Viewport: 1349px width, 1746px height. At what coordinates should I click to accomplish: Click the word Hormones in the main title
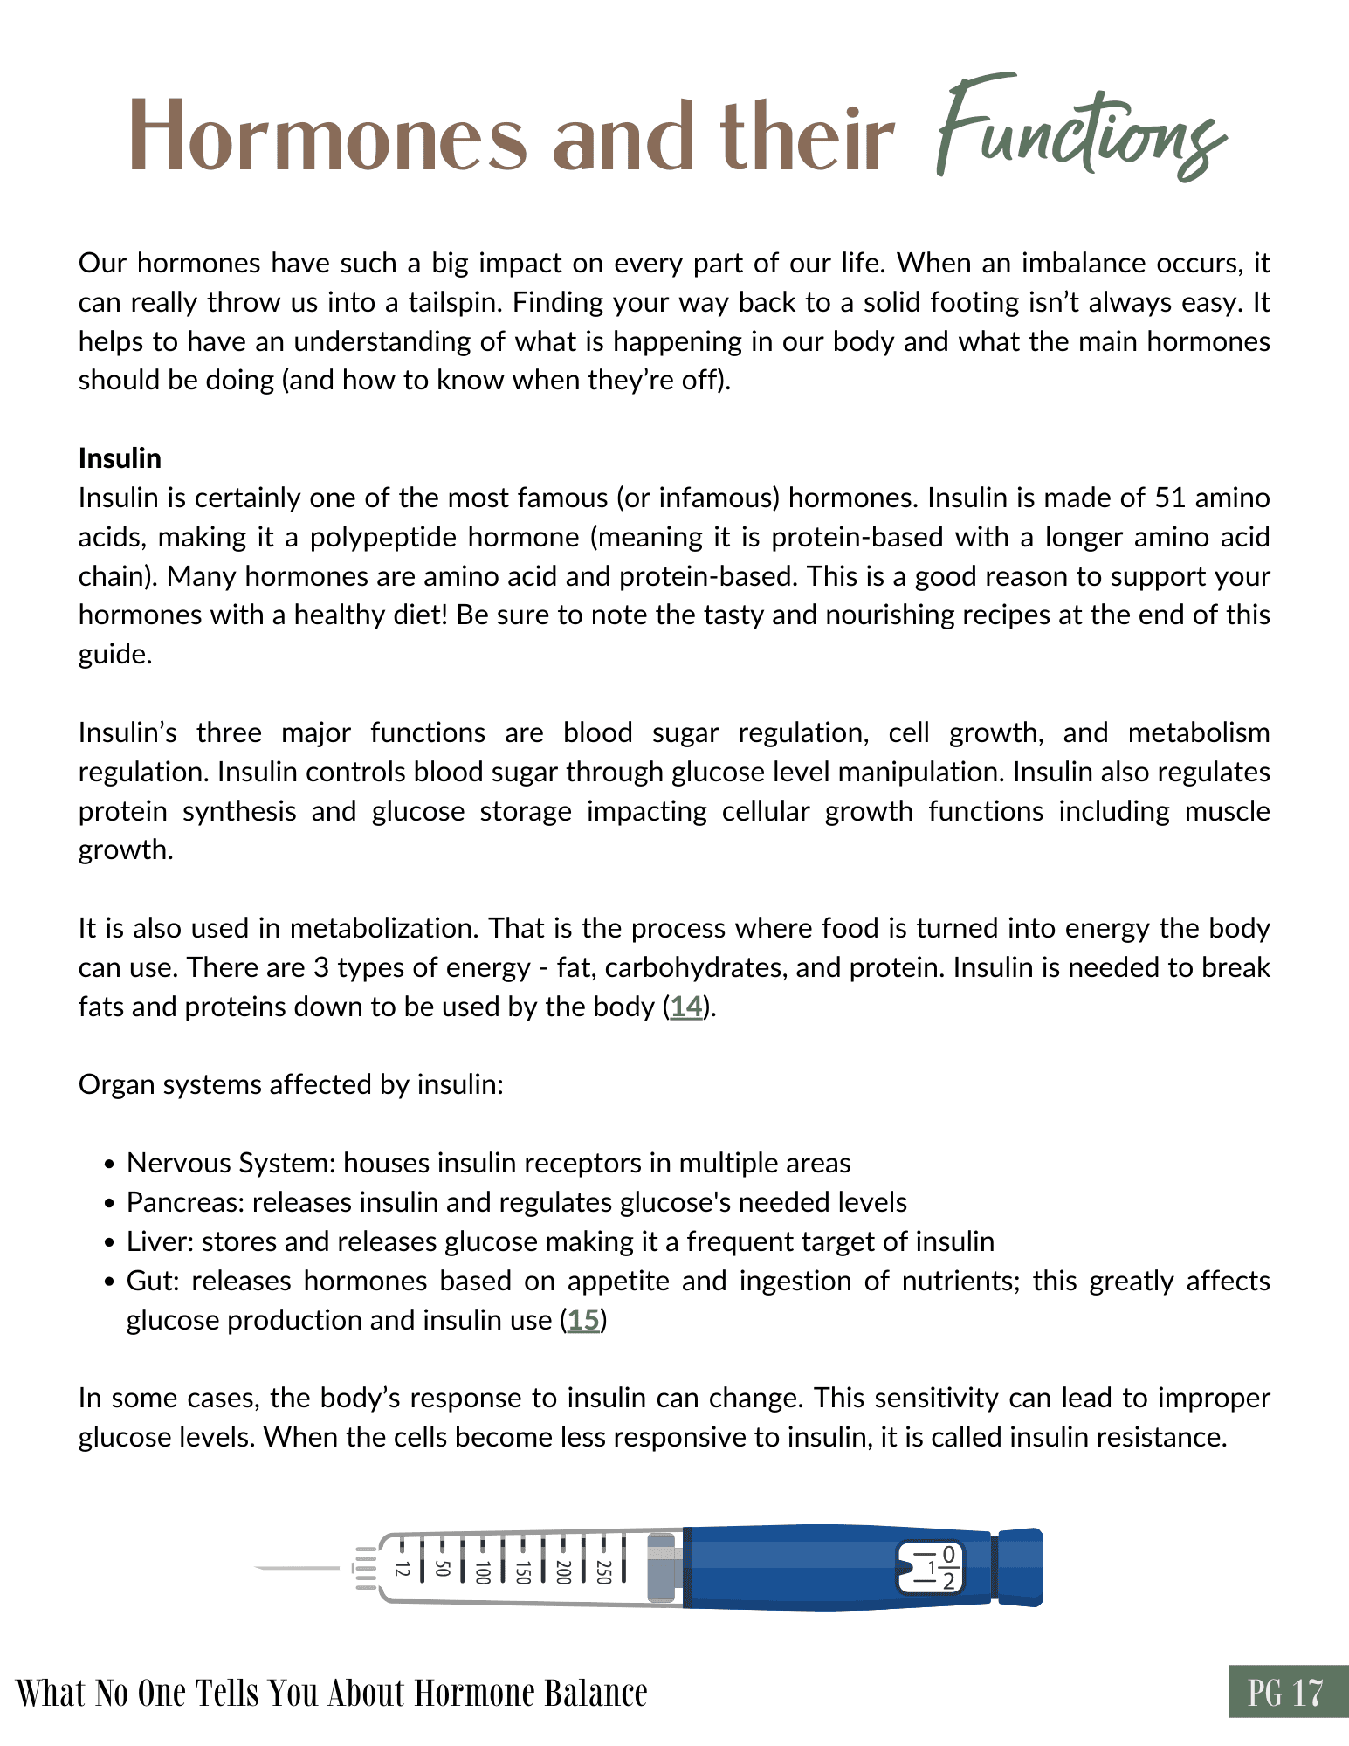(328, 138)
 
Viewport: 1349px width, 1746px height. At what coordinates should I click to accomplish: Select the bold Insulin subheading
(120, 458)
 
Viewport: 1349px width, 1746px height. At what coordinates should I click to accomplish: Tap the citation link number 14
(686, 1007)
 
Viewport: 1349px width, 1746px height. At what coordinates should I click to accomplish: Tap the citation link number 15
(583, 1320)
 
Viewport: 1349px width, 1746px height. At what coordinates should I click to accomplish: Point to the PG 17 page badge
(1287, 1693)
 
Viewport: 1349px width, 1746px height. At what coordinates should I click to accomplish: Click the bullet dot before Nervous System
(109, 1165)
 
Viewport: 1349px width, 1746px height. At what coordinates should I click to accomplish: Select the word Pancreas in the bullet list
(185, 1203)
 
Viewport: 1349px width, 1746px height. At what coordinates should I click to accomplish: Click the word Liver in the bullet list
(159, 1241)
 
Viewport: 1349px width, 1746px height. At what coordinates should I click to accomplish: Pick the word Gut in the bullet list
(151, 1281)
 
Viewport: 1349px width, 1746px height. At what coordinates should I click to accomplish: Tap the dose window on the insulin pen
(931, 1568)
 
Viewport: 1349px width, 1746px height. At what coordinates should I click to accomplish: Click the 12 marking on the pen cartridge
(402, 1569)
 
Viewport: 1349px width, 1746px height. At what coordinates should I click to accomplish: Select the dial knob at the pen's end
(1020, 1568)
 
